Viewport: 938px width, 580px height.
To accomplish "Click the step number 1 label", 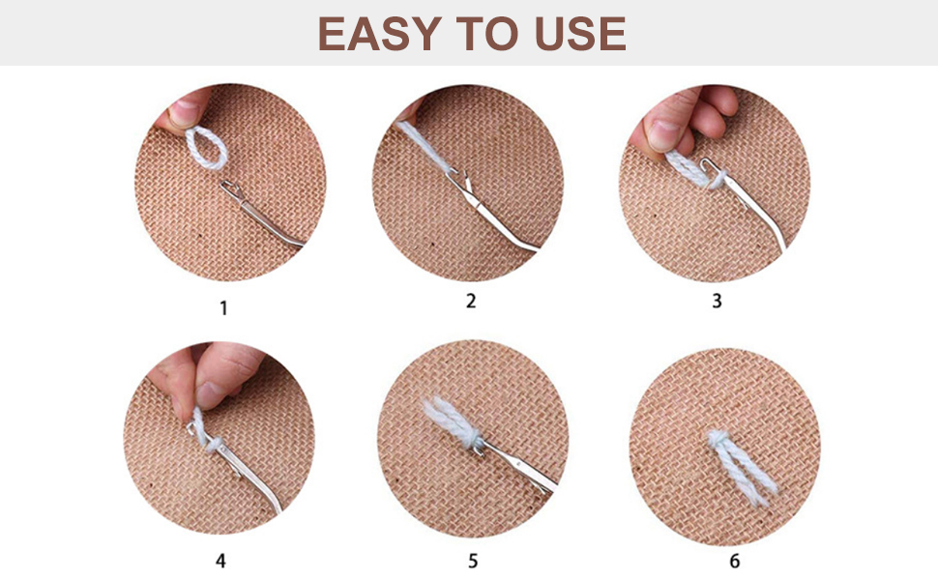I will point(224,309).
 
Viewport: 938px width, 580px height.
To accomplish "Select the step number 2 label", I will point(471,302).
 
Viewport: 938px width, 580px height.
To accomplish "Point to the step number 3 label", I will point(717,302).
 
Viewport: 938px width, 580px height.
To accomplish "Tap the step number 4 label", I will point(221,561).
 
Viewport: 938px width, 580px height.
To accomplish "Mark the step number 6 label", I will point(734,561).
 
